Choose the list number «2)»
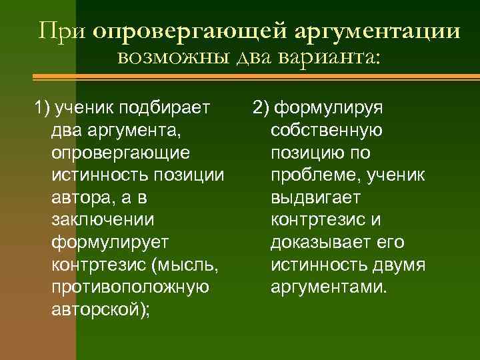(x=262, y=107)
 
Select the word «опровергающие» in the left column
(x=120, y=152)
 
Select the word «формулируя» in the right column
(x=334, y=107)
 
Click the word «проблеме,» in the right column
(x=312, y=175)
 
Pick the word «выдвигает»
(x=315, y=197)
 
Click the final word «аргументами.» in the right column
(x=328, y=288)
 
